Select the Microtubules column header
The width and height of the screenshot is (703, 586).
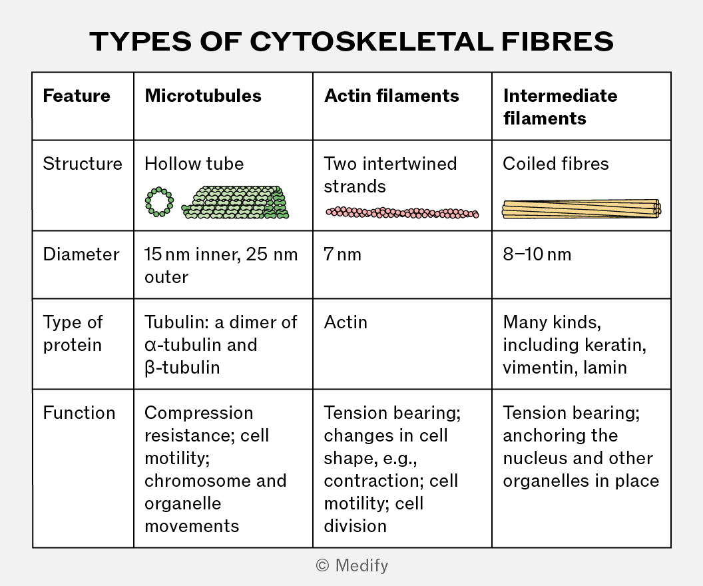click(202, 96)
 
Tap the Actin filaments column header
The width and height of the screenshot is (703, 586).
click(391, 96)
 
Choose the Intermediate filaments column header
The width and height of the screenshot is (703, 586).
click(560, 107)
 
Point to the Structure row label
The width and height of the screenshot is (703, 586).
click(83, 164)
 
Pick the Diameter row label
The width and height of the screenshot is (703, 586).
click(81, 254)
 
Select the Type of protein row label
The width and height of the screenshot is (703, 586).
click(73, 334)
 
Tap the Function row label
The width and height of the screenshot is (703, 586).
click(79, 413)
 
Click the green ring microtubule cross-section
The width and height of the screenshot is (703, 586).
click(148, 202)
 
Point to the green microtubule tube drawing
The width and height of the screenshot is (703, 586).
click(235, 202)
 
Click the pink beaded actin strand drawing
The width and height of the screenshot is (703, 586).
click(402, 212)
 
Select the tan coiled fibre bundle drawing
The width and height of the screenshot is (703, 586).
click(581, 209)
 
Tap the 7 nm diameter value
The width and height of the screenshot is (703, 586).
click(343, 254)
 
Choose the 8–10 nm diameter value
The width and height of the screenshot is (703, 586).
click(537, 254)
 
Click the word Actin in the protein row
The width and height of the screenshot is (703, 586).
click(346, 322)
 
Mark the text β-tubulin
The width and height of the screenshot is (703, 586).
click(182, 368)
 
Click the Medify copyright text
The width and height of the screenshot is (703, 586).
click(352, 565)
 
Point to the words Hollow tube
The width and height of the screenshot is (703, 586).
click(194, 164)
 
